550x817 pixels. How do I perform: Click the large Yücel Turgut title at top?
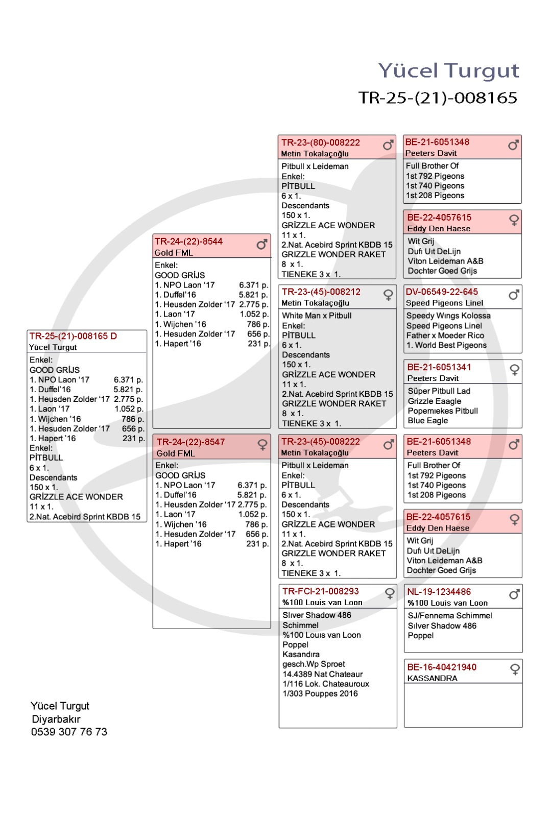click(448, 71)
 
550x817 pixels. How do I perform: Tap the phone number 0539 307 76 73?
click(69, 732)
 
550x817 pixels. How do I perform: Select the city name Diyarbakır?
click(56, 719)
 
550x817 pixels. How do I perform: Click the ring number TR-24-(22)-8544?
click(188, 242)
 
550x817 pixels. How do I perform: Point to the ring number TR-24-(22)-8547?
click(190, 442)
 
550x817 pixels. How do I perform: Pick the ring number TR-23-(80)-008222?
click(321, 142)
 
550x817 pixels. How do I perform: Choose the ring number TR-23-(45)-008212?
click(321, 292)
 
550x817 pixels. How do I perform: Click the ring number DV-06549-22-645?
click(442, 292)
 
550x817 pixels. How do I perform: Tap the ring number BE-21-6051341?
click(439, 367)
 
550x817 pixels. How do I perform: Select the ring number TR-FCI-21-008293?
click(321, 591)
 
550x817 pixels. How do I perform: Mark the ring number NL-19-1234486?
click(439, 592)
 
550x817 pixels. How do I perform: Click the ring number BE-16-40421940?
click(442, 667)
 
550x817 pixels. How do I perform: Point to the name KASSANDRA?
click(432, 679)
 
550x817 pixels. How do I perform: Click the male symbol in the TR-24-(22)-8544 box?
click(262, 245)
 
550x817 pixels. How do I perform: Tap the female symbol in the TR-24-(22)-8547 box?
click(262, 445)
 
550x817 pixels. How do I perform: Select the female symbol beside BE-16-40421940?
click(515, 669)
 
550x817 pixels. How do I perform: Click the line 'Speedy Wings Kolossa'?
click(448, 316)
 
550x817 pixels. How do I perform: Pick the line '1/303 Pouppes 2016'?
click(320, 693)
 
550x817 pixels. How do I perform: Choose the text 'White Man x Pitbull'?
click(317, 316)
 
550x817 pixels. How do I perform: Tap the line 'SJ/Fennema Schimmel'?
click(450, 616)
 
